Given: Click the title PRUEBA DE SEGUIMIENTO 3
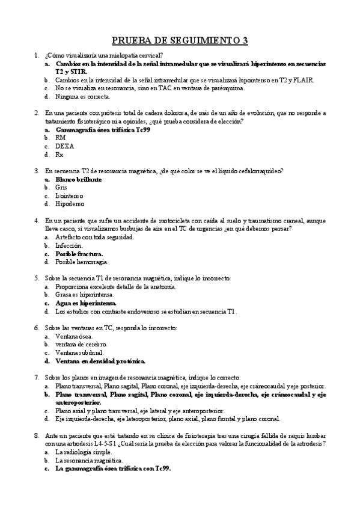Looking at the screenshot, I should click(180, 41).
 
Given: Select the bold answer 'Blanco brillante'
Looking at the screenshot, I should click(78, 179).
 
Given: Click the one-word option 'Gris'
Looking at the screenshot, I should click(61, 188).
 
